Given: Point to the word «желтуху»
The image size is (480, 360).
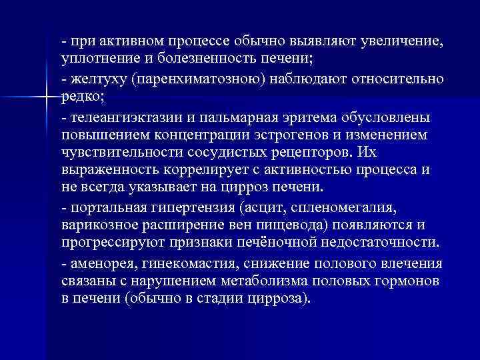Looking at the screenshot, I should (97, 79).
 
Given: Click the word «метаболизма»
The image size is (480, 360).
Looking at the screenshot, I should (260, 280).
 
